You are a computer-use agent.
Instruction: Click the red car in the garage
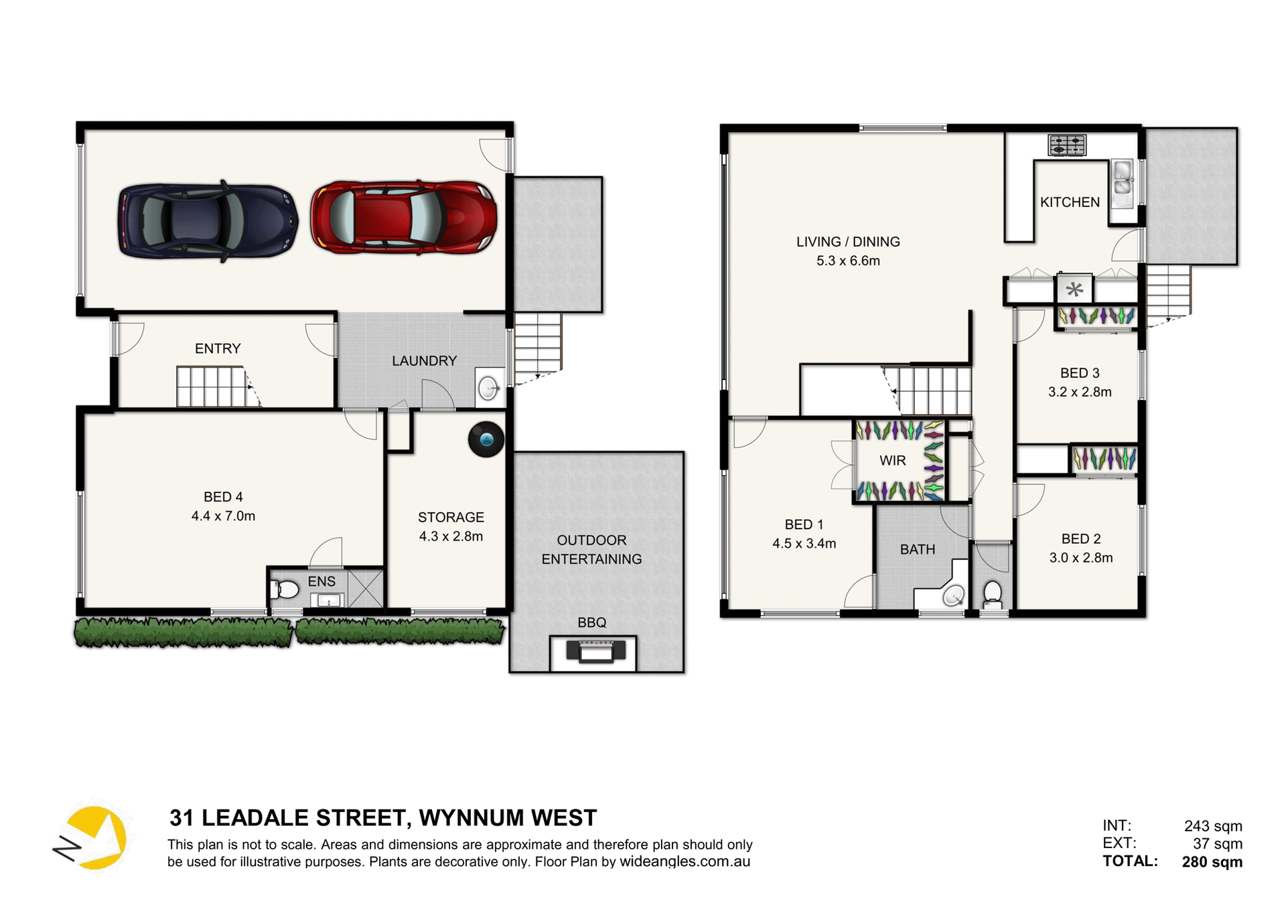(x=404, y=218)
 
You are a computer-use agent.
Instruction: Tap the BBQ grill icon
(x=595, y=650)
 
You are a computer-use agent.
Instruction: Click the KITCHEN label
(x=1070, y=202)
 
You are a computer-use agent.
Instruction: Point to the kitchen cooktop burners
(x=1067, y=145)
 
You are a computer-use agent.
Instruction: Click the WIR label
(x=892, y=461)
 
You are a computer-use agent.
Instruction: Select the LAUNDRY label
(x=424, y=361)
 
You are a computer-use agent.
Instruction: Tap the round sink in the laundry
(x=489, y=388)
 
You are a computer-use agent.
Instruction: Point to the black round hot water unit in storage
(x=486, y=439)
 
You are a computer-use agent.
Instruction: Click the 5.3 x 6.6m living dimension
(x=848, y=261)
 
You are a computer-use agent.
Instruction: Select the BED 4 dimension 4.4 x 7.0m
(x=223, y=516)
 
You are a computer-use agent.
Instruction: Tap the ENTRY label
(x=218, y=349)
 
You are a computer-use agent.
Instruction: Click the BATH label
(x=917, y=550)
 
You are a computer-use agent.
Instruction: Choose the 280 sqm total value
(x=1212, y=862)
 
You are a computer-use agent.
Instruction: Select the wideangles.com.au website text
(x=685, y=861)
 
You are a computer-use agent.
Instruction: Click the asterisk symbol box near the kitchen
(x=1074, y=289)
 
